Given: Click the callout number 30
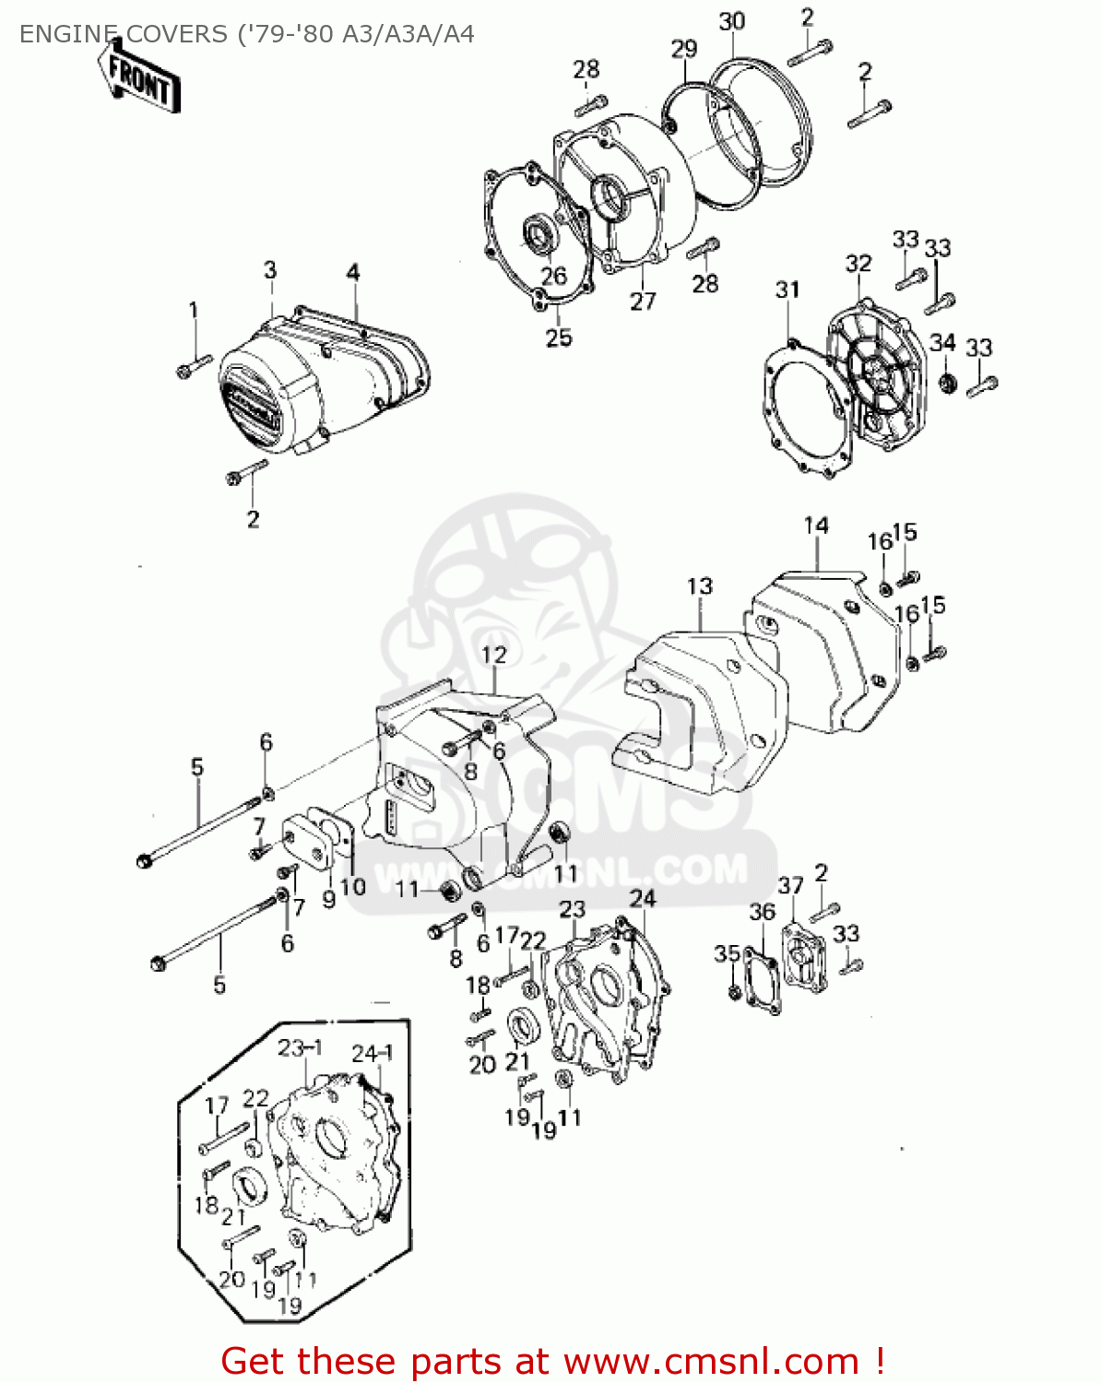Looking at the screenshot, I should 731,21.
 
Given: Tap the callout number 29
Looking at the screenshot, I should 683,49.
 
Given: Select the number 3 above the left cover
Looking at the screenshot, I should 270,270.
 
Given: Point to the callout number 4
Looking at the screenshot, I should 353,272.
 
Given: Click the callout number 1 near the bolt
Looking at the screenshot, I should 194,310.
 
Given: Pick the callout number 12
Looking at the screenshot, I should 494,655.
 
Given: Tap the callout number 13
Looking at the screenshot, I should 700,586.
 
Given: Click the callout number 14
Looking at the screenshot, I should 816,526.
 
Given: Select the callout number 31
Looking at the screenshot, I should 787,290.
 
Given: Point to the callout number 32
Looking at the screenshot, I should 858,264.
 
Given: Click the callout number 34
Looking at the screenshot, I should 941,343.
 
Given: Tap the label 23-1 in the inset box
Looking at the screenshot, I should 300,1048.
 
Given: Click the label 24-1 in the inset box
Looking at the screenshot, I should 373,1054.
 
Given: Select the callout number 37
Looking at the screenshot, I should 790,886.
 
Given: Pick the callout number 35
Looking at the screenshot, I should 727,953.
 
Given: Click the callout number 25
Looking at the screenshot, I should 559,337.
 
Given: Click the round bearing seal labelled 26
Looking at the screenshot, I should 538,234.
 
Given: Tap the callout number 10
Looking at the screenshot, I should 353,887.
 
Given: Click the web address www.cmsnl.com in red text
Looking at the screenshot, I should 711,1361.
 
